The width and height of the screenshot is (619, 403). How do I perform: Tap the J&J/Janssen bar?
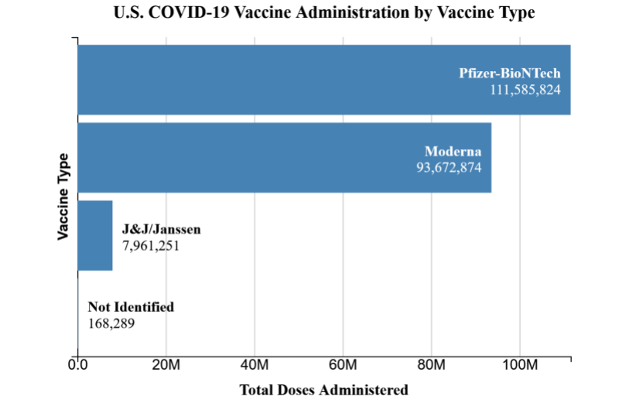point(95,235)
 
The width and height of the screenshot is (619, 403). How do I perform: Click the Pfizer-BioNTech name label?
point(509,74)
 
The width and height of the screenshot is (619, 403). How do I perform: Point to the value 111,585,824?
point(525,90)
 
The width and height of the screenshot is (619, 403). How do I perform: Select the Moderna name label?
point(453,151)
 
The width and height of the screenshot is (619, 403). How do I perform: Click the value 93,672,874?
point(449,166)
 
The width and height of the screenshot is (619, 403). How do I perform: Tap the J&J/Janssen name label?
point(161,230)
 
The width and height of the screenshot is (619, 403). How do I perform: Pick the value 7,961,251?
point(151,245)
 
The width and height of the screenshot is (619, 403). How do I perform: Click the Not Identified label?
point(131,307)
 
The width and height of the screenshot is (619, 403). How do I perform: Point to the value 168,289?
point(111,323)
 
